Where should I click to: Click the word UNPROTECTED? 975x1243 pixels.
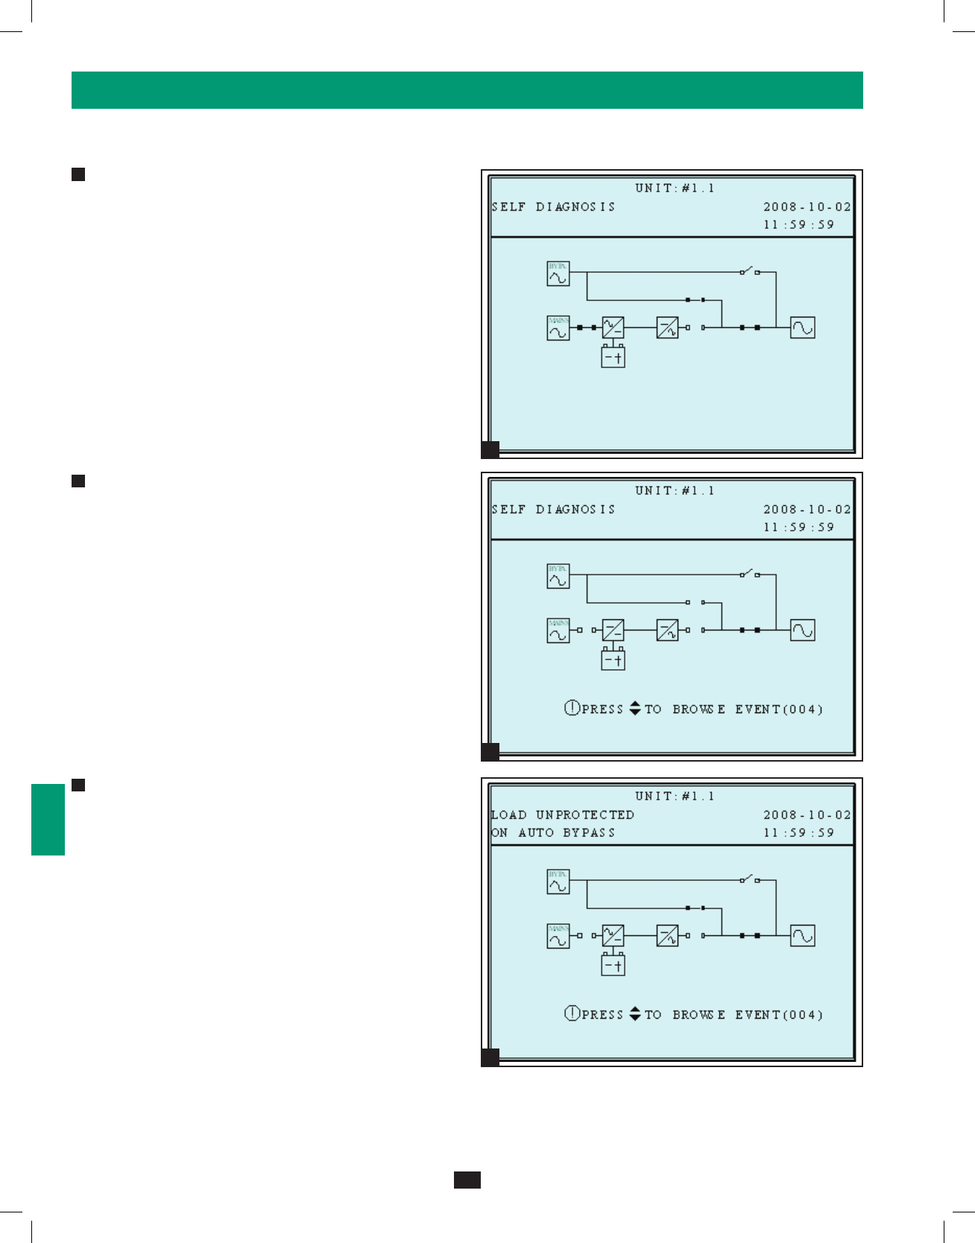[x=585, y=815]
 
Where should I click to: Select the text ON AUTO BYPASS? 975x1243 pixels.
[x=553, y=832]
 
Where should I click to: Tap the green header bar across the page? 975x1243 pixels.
[x=467, y=90]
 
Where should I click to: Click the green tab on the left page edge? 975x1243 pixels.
[x=48, y=819]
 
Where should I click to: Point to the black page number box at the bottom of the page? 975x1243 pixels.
[x=467, y=1180]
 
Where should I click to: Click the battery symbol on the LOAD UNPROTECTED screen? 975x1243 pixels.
[x=613, y=965]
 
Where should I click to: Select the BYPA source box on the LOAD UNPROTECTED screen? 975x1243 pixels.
[x=558, y=882]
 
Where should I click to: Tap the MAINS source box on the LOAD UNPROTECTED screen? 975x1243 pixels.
[x=558, y=935]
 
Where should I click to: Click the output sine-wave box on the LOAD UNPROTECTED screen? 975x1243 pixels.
[x=802, y=935]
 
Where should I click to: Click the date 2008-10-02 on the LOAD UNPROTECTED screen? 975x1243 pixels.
[x=807, y=815]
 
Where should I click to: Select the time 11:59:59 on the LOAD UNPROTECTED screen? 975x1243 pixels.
[x=798, y=832]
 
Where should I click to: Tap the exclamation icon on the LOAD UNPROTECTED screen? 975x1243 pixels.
[x=572, y=1013]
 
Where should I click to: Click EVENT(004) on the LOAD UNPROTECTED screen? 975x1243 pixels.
[x=779, y=1014]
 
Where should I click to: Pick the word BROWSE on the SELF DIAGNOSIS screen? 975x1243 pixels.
[x=698, y=709]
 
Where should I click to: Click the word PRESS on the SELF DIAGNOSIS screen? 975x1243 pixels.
[x=602, y=709]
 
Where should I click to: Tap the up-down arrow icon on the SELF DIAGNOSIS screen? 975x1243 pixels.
[x=635, y=708]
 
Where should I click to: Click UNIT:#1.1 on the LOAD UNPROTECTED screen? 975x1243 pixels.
[x=675, y=796]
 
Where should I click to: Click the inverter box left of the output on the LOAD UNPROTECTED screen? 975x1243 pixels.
[x=667, y=935]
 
